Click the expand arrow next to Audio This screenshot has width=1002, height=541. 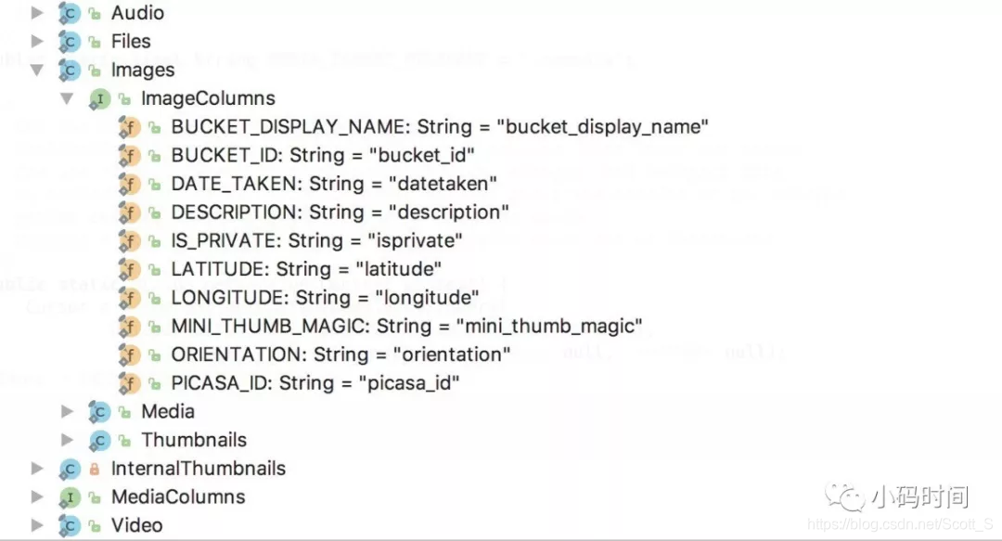pos(37,13)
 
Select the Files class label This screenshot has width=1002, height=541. pos(131,41)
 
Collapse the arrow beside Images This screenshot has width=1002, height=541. pos(37,70)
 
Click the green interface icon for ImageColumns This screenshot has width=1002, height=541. pos(98,98)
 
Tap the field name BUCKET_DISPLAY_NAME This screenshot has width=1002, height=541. pos(289,126)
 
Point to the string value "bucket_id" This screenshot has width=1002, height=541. pos(421,155)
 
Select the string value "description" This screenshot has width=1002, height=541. pos(449,212)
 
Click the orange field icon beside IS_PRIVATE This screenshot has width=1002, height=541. pos(129,241)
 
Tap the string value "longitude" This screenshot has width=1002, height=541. pos(426,298)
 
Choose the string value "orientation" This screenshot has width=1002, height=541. pos(451,354)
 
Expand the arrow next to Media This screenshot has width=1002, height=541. pos(68,411)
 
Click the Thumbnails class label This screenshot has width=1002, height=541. pos(194,440)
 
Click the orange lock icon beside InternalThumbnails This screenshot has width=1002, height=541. pos(94,469)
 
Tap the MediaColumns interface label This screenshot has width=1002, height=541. pos(178,496)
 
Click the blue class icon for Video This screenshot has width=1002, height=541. pos(70,525)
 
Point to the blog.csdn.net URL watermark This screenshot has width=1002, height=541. pos(901,524)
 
